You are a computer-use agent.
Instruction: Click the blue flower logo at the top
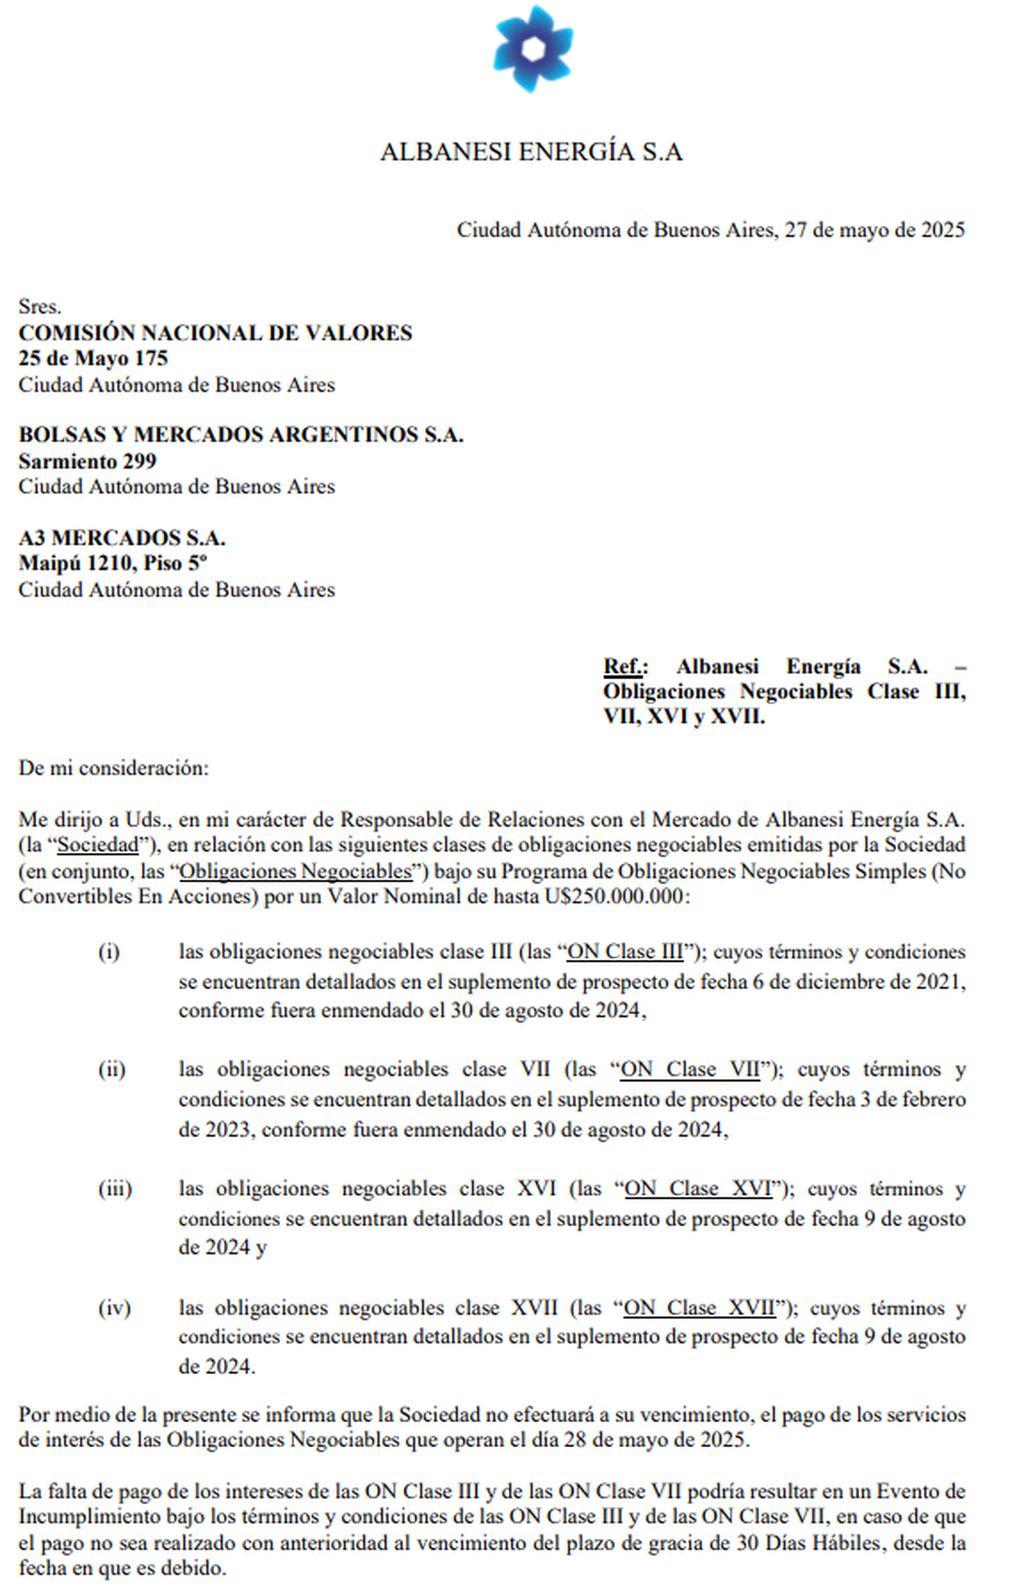[x=533, y=48]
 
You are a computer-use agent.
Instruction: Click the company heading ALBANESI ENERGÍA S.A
[x=531, y=152]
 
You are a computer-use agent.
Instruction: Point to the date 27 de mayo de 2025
[x=875, y=230]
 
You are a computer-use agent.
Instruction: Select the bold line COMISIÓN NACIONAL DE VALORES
[x=215, y=333]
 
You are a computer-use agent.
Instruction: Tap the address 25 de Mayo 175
[x=93, y=359]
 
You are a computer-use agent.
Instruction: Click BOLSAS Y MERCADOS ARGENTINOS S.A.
[x=241, y=435]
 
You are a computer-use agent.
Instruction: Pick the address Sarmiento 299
[x=88, y=461]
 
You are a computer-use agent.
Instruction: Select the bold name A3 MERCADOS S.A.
[x=122, y=538]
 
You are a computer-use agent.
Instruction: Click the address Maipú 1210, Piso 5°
[x=113, y=564]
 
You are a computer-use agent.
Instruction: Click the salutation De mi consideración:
[x=114, y=768]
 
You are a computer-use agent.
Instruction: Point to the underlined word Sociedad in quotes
[x=98, y=845]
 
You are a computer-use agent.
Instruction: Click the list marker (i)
[x=108, y=952]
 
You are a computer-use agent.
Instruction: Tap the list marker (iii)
[x=114, y=1189]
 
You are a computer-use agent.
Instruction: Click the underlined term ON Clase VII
[x=690, y=1070]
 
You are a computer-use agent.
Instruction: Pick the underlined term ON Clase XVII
[x=699, y=1309]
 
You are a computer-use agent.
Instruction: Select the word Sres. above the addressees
[x=40, y=307]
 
